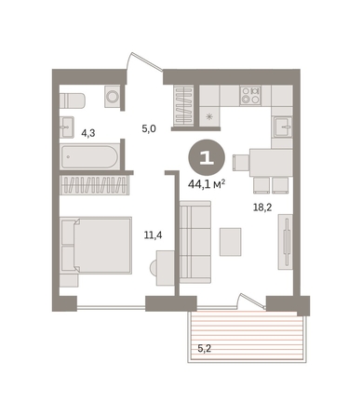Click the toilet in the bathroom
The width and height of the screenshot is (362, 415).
pyautogui.click(x=72, y=100)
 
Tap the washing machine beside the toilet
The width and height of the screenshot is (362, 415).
pyautogui.click(x=113, y=96)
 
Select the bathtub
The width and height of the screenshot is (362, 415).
pyautogui.click(x=90, y=156)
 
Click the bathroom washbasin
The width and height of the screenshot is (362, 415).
pyautogui.click(x=66, y=127)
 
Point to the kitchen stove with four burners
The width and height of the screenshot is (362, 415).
pyautogui.click(x=250, y=95)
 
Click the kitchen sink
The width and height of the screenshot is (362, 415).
pyautogui.click(x=282, y=127)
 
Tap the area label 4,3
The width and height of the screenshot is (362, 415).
pyautogui.click(x=87, y=134)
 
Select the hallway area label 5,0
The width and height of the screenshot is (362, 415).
pyautogui.click(x=149, y=128)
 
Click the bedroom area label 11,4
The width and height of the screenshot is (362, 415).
pyautogui.click(x=153, y=235)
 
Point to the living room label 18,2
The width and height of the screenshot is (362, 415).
pyautogui.click(x=262, y=207)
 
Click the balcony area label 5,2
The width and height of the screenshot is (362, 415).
pyautogui.click(x=205, y=349)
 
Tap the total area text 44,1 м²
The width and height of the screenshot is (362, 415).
pyautogui.click(x=207, y=185)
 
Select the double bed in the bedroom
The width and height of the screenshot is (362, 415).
pyautogui.click(x=96, y=245)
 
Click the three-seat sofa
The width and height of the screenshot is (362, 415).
pyautogui.click(x=195, y=242)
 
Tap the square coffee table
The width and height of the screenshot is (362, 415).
pyautogui.click(x=231, y=242)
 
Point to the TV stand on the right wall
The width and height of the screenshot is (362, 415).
pyautogui.click(x=285, y=242)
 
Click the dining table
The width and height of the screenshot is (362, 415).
pyautogui.click(x=271, y=163)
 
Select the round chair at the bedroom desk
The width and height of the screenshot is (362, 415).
pyautogui.click(x=154, y=268)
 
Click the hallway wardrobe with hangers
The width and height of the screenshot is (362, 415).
pyautogui.click(x=183, y=105)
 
